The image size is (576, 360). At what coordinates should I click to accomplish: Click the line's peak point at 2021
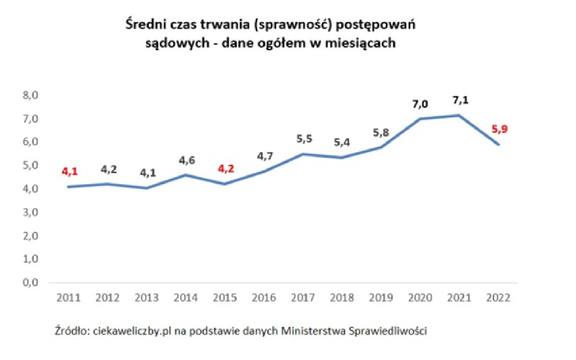point(459,115)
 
